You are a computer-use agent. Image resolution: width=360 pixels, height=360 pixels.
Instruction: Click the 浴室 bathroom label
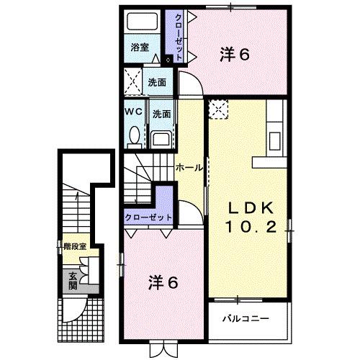[140, 48]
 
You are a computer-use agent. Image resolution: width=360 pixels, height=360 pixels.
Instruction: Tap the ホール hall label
[189, 166]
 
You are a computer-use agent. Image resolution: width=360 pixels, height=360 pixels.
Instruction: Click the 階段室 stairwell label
[74, 246]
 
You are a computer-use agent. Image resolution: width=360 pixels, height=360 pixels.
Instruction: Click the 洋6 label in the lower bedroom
[163, 282]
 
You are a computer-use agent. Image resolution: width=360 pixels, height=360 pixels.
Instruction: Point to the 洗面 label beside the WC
[161, 114]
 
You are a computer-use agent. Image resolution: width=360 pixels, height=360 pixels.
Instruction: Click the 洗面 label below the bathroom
[157, 82]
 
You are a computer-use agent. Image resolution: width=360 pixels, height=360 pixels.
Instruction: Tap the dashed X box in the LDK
[217, 109]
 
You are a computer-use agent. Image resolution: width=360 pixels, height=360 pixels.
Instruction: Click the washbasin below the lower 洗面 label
[162, 138]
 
